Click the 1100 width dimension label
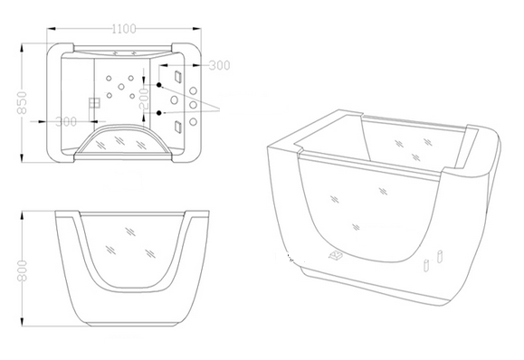coord(124,29)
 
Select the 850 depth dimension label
coord(22,102)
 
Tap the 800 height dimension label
coord(22,270)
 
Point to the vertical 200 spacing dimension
coord(145,99)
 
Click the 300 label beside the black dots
coord(220,65)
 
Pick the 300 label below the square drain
coord(66,121)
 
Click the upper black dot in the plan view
coord(159,85)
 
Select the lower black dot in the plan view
coord(159,113)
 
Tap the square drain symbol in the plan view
coord(95,103)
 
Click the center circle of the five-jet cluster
coord(121,87)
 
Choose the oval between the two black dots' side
coord(174,99)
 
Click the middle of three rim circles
coord(193,105)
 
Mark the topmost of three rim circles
coord(194,90)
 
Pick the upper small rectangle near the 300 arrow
coord(177,76)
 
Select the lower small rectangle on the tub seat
coord(177,127)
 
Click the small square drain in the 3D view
coord(336,255)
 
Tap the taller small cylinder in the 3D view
coord(440,257)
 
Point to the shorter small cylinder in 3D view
coord(426,266)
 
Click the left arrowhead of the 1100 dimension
coord(50,29)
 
